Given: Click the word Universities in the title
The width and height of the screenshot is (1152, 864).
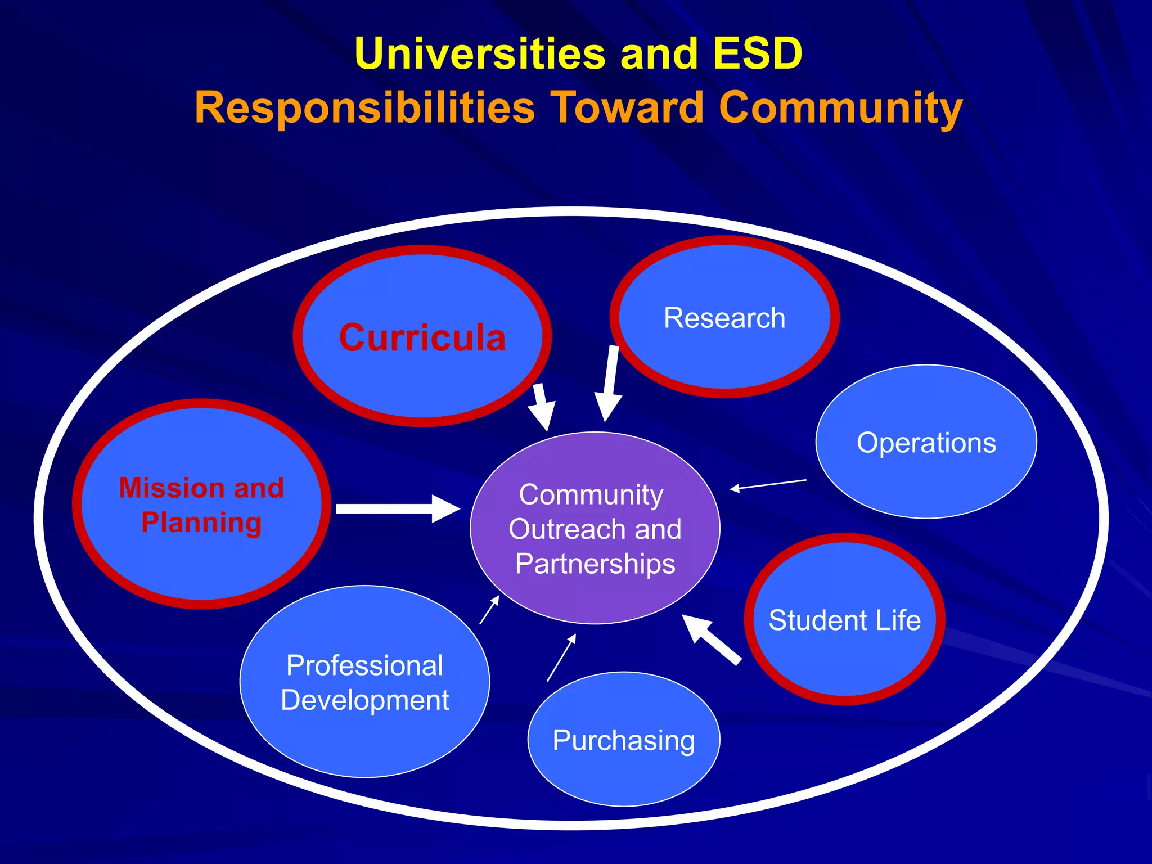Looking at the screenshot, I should tap(480, 53).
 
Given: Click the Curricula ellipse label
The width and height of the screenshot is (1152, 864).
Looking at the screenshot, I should tap(422, 337).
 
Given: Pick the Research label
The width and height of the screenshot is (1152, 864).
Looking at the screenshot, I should tap(724, 318).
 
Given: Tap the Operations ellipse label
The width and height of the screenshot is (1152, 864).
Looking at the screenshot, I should tap(926, 443).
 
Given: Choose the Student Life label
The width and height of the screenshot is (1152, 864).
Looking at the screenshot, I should tap(844, 620).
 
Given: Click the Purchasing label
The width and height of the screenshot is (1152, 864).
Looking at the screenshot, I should tap(624, 740).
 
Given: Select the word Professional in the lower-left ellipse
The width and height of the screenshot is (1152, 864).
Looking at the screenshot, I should tap(364, 665).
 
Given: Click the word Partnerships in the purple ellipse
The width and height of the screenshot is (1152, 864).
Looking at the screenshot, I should tap(595, 564).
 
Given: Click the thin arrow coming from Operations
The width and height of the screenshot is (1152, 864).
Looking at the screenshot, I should tap(768, 484).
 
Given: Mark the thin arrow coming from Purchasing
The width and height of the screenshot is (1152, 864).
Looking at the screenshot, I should tap(561, 658).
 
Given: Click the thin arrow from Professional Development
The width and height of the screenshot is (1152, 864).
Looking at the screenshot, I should tap(489, 610).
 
